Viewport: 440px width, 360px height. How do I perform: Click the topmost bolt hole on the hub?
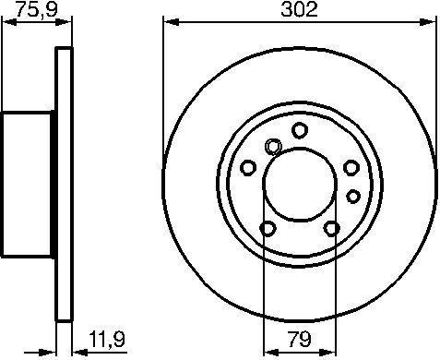click(299, 130)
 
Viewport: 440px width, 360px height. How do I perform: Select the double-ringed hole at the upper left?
click(273, 146)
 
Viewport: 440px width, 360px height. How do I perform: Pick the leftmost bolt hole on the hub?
click(247, 167)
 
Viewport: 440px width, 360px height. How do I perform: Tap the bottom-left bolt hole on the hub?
click(268, 229)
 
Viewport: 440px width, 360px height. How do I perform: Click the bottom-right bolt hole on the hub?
click(331, 229)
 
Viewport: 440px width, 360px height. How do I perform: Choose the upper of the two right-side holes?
click(351, 167)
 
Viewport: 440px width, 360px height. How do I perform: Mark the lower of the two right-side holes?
click(352, 195)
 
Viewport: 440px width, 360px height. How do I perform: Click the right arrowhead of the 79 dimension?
click(328, 349)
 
